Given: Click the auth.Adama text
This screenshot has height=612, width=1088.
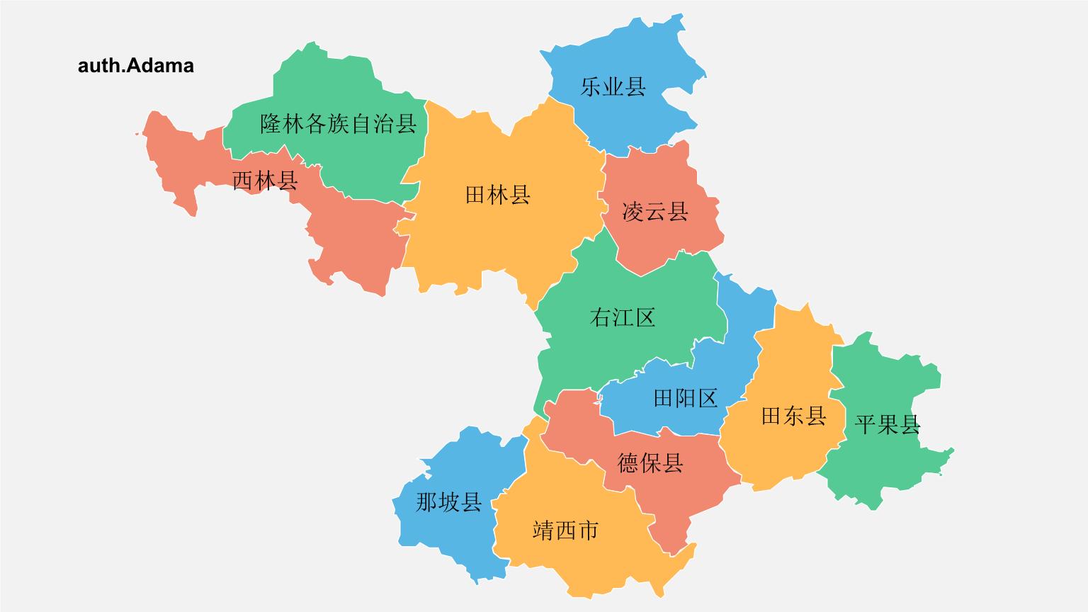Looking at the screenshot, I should (x=135, y=66).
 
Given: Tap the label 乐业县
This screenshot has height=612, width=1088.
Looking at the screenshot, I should (x=613, y=86).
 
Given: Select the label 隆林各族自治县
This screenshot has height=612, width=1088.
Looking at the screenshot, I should (x=338, y=124).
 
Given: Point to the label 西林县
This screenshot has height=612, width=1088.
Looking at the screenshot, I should (x=265, y=180).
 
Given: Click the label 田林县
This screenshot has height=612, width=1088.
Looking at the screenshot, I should (x=497, y=194).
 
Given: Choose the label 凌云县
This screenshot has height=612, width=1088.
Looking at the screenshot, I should (x=654, y=211).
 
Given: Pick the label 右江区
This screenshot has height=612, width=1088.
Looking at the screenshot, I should (x=623, y=317).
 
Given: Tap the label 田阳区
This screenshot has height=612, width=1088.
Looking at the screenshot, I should (x=685, y=398).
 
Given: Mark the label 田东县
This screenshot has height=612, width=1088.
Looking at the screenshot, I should (x=793, y=415).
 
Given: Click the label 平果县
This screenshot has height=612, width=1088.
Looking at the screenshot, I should (x=888, y=424).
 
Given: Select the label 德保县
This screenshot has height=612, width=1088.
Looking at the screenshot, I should (x=650, y=463).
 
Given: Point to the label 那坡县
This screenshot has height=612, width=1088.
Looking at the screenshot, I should (x=448, y=502).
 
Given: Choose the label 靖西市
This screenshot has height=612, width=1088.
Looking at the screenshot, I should (x=565, y=530).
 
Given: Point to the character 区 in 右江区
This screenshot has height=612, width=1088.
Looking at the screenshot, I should (x=645, y=317).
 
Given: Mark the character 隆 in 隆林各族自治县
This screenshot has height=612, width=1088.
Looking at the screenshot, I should (x=271, y=124).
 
